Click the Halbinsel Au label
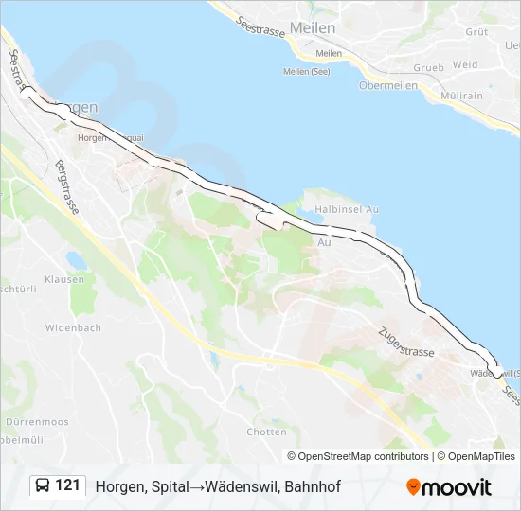[346, 209]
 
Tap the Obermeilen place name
[388, 85]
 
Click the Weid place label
[465, 65]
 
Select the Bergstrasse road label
[69, 188]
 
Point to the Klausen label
[64, 279]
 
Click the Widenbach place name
[73, 327]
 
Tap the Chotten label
[266, 432]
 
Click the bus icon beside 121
[43, 486]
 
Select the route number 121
[67, 485]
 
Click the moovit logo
[449, 487]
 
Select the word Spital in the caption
[166, 486]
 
